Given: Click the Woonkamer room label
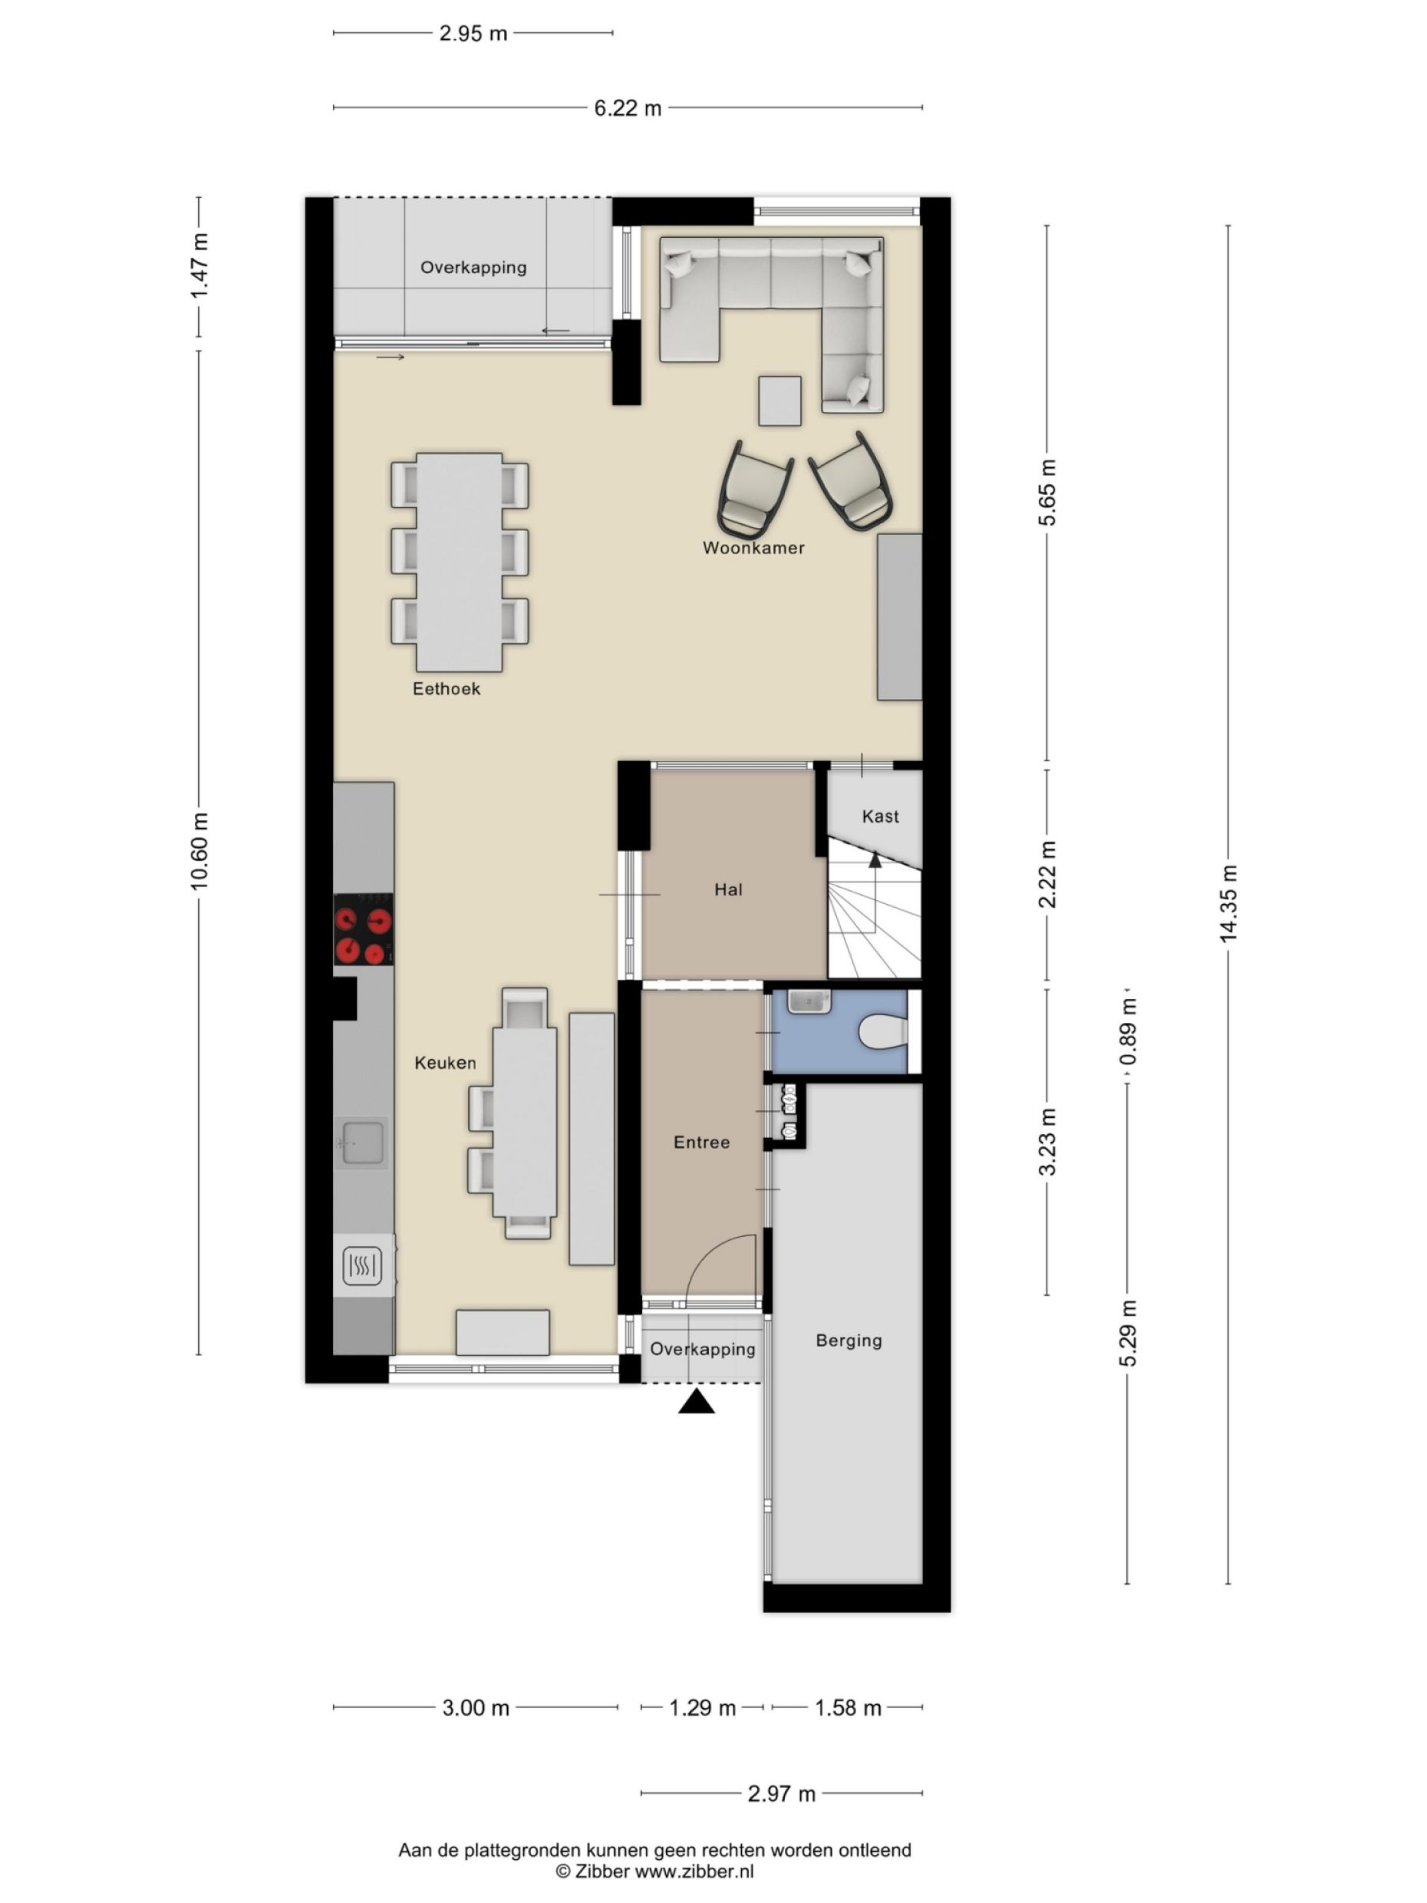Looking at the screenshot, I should (753, 547).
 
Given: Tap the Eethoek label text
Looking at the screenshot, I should (446, 688).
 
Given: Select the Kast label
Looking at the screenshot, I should (880, 816).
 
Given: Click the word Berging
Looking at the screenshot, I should (848, 1340).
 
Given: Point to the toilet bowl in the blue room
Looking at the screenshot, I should (882, 1031).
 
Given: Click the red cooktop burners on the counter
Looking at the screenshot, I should (363, 928).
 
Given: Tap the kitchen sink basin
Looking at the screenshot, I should (363, 1143).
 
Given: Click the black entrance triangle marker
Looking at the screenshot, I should (696, 1403).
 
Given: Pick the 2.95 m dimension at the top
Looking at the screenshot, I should (473, 34).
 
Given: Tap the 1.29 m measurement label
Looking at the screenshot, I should (702, 1707).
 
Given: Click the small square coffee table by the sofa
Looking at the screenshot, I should (779, 401).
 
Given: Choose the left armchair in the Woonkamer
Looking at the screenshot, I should (753, 489).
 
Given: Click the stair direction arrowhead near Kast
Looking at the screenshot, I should (875, 859).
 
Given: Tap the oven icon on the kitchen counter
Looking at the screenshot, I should (362, 1265).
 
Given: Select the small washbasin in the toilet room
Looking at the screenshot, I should (809, 1001).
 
